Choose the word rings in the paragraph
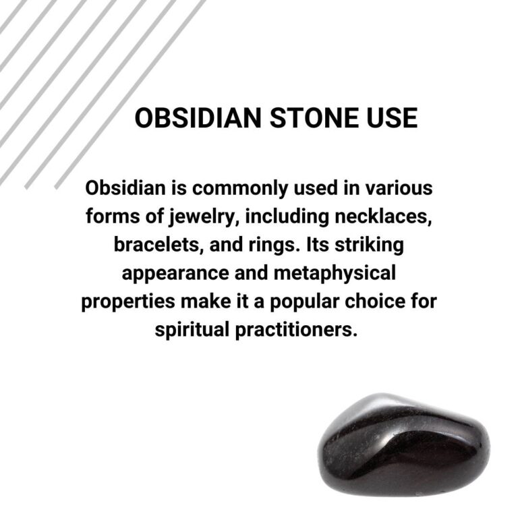(268, 244)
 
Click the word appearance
(172, 273)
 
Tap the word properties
(127, 301)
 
